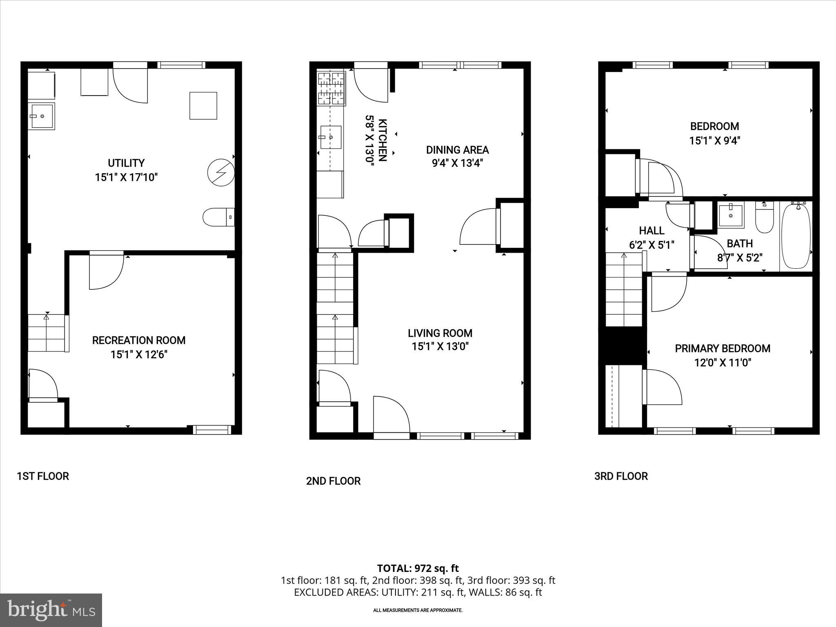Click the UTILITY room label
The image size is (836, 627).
click(x=126, y=163)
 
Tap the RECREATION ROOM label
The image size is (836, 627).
click(x=139, y=340)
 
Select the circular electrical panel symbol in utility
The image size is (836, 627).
click(x=220, y=173)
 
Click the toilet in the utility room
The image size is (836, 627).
click(x=218, y=217)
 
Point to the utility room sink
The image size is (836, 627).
click(x=41, y=117)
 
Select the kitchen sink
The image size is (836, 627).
click(x=331, y=137)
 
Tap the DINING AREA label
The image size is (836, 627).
click(x=457, y=150)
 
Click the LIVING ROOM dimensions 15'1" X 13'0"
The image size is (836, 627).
click(x=440, y=347)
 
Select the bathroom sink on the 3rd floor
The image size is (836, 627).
click(x=731, y=215)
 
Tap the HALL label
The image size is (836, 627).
click(x=651, y=231)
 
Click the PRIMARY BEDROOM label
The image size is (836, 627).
click(x=723, y=349)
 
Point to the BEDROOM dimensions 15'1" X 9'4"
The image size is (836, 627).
click(x=714, y=141)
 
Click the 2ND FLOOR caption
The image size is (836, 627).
click(x=333, y=481)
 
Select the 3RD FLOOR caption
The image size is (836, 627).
click(x=621, y=476)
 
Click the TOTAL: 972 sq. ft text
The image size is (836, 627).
click(x=418, y=568)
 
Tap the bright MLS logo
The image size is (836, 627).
click(x=51, y=610)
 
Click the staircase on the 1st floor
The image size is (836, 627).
click(x=46, y=333)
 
